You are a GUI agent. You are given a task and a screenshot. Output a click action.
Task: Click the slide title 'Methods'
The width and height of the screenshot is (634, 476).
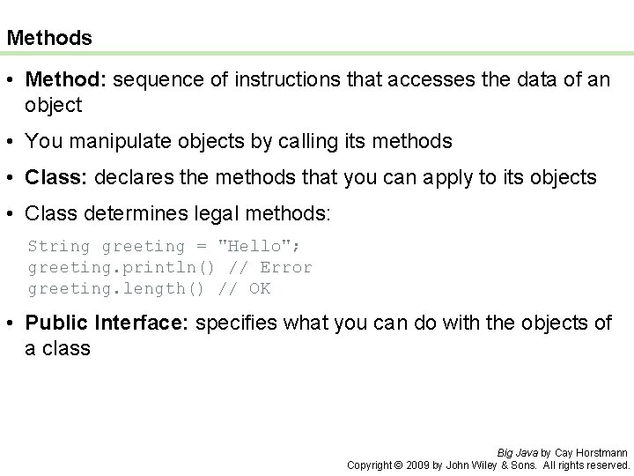[48, 38]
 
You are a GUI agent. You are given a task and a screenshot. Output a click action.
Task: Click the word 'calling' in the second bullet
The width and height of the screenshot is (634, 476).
[328, 140]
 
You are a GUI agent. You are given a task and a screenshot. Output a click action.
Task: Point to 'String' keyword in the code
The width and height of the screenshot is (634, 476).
[59, 246]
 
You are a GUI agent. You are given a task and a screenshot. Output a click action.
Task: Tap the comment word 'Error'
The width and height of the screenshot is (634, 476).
[286, 267]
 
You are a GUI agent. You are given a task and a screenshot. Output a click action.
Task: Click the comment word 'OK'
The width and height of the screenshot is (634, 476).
[260, 288]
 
